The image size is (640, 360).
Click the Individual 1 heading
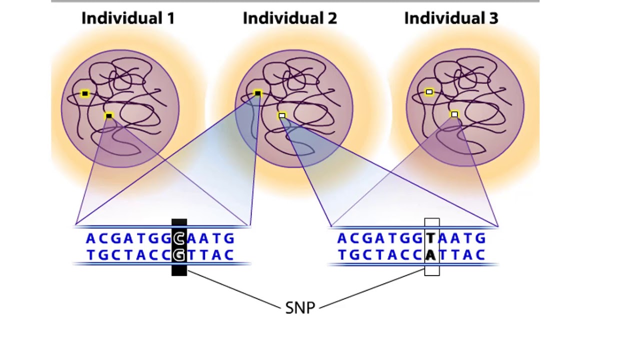(128, 18)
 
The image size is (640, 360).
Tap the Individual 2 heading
(289, 18)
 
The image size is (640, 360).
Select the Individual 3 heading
(451, 18)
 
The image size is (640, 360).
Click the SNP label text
(300, 308)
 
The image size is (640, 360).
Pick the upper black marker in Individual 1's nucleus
(85, 93)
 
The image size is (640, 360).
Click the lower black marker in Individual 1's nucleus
(109, 116)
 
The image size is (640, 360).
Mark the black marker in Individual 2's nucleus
(257, 93)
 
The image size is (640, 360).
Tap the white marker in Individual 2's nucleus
(282, 116)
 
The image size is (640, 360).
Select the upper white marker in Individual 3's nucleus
(429, 92)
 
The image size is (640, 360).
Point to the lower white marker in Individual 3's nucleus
(454, 114)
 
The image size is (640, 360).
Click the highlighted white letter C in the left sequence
(179, 238)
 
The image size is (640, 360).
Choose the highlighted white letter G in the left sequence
(179, 255)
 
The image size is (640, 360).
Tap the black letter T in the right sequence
(430, 238)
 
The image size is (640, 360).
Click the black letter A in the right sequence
(430, 255)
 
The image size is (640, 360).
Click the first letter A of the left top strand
(90, 238)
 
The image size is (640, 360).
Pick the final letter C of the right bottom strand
(480, 255)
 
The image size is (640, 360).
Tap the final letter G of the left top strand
(229, 238)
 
